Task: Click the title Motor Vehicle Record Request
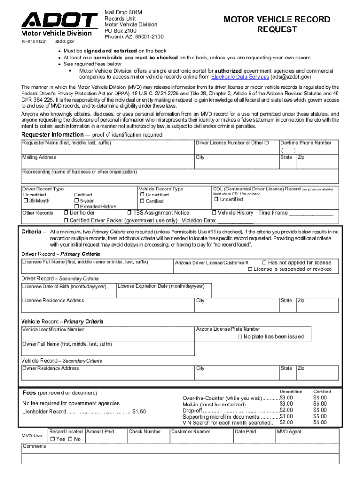tap(277, 24)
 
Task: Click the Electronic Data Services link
tap(240, 77)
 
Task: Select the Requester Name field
tap(108, 149)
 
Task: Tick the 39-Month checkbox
tap(26, 201)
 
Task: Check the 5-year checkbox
tap(77, 201)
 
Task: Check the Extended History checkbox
tap(77, 207)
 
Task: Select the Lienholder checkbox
tap(66, 213)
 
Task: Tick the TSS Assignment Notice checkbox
tap(130, 213)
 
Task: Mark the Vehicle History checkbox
tap(214, 213)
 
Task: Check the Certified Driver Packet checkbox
tap(66, 221)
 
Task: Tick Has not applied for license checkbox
tap(264, 263)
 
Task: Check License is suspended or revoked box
tap(250, 269)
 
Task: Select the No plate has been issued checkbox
tap(240, 337)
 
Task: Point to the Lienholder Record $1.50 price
tap(139, 412)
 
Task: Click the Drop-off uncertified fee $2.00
tap(286, 410)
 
